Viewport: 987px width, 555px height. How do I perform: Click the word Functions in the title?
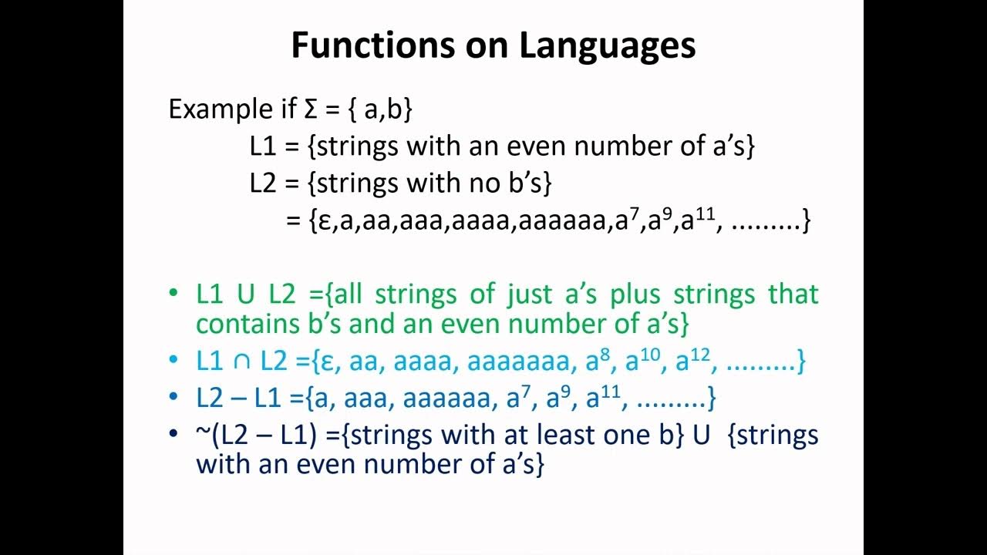coord(372,45)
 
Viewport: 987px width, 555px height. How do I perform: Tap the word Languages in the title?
coord(607,45)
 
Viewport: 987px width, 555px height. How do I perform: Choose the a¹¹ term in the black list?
coord(697,220)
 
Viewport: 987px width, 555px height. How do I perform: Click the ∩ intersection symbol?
coord(245,361)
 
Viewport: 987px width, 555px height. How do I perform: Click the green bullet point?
coord(173,294)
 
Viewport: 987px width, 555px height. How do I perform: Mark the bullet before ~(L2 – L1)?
coord(173,436)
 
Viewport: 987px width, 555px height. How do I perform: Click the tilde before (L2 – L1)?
coord(203,436)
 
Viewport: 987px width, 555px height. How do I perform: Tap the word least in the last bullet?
coord(570,436)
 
